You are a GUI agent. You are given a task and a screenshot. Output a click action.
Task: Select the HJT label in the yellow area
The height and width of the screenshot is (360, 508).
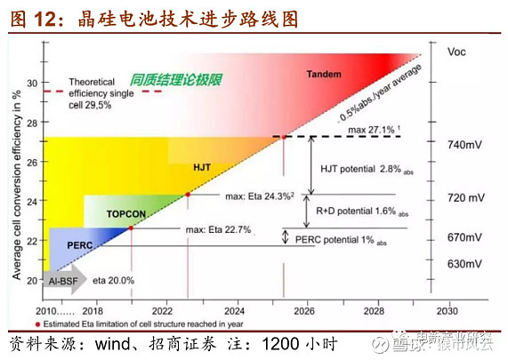(203, 166)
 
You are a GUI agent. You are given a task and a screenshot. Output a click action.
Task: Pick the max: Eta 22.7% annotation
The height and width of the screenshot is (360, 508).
(219, 231)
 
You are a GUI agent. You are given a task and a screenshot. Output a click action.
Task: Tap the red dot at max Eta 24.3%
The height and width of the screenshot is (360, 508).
(188, 195)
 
